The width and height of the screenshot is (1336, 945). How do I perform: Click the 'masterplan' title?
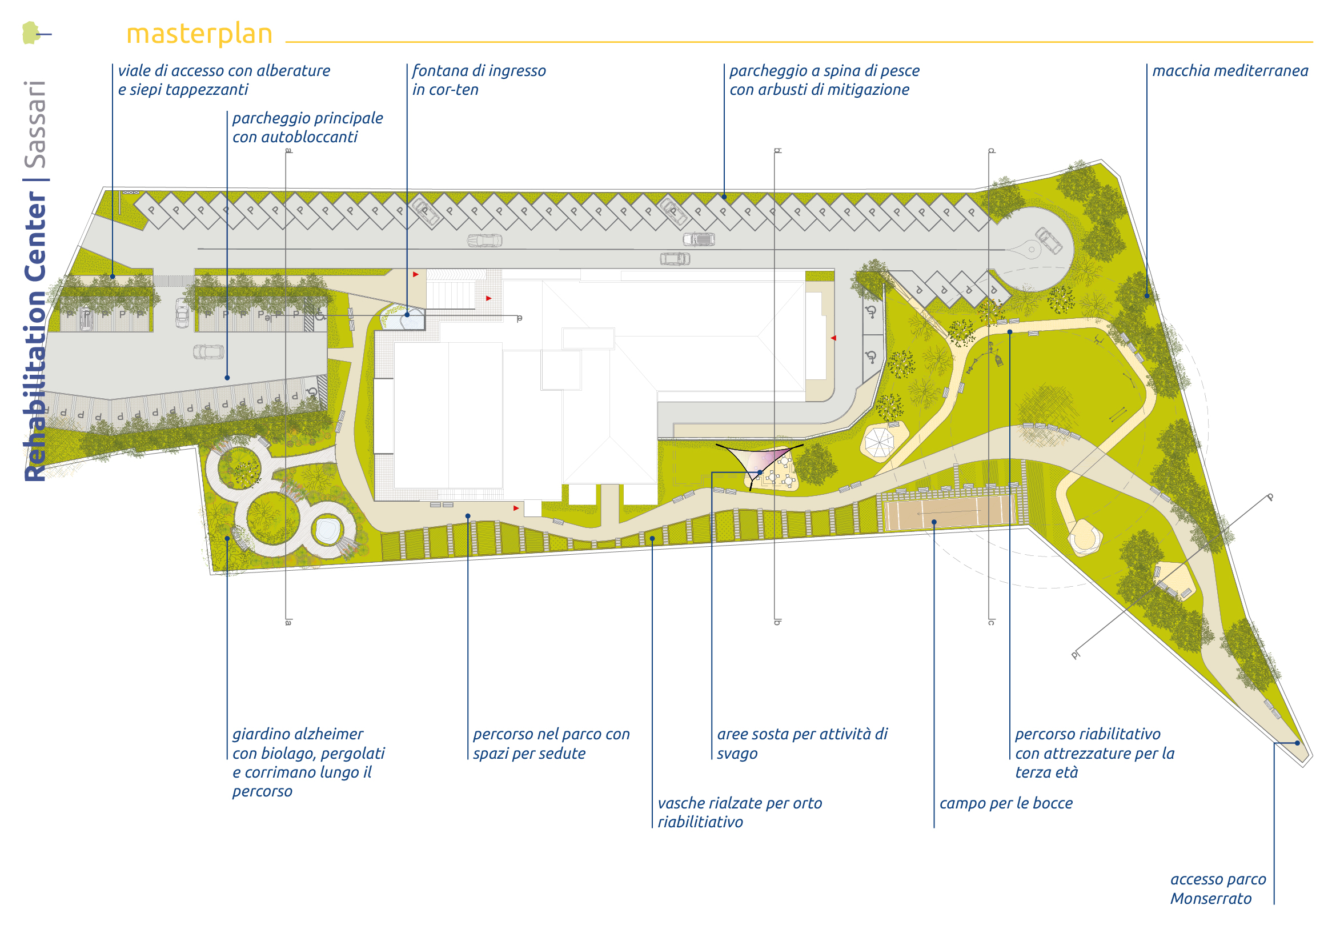pos(199,34)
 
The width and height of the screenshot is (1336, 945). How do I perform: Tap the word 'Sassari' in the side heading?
pos(35,125)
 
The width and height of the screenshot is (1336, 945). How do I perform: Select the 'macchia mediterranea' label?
pos(1230,71)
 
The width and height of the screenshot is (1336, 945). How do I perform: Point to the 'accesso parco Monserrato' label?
pos(1217,888)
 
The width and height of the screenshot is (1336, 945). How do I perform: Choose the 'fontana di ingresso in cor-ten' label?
pos(478,80)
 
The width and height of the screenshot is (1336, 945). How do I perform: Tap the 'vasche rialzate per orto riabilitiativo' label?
pos(739,812)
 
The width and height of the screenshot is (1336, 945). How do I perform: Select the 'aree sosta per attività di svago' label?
pos(801,743)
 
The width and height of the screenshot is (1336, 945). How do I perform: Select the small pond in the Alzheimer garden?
pos(328,530)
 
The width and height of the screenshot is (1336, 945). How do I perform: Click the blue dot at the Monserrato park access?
pos(1297,743)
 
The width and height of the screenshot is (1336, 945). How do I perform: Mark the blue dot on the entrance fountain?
pos(407,315)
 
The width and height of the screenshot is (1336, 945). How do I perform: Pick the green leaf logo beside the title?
pos(31,33)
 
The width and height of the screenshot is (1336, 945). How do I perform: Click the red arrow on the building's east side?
pos(833,338)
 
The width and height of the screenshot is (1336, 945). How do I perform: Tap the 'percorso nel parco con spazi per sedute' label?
pos(551,743)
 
